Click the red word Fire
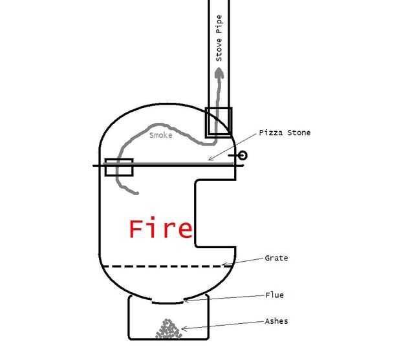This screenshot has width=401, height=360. point(160,228)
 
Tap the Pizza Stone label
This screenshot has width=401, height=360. point(285,132)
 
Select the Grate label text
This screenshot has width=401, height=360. point(276,258)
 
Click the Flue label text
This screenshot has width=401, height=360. point(274,295)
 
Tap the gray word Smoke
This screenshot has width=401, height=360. point(160,135)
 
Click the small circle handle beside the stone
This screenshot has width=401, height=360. point(243,155)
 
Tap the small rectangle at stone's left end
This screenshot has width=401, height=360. point(118,167)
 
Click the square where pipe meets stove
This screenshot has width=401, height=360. point(219,122)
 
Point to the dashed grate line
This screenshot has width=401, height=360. point(162,266)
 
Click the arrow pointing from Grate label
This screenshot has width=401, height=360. point(243,260)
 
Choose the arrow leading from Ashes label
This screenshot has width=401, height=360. point(220,325)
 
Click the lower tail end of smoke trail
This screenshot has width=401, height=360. point(136,193)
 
